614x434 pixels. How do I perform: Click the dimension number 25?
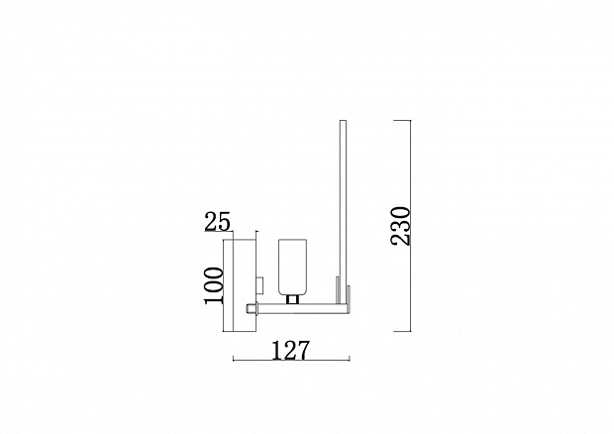click(217, 222)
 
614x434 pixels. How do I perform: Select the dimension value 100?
click(213, 285)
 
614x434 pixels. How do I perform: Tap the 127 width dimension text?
click(290, 350)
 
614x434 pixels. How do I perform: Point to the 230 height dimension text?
click(400, 226)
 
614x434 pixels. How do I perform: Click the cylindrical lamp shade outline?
click(292, 267)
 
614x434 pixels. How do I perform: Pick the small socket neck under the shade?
click(292, 299)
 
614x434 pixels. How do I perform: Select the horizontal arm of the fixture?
click(301, 308)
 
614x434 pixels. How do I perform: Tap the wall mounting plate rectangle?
click(240, 285)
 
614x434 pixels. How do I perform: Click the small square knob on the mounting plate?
click(259, 285)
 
